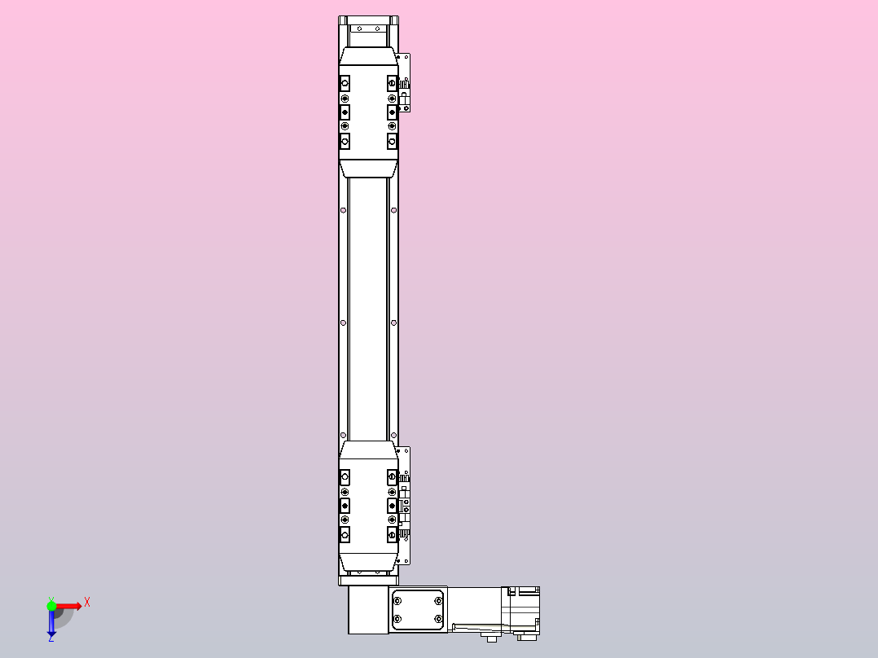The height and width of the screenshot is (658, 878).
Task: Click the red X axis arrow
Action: pos(69,606)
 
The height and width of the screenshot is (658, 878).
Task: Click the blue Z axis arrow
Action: pos(51,624)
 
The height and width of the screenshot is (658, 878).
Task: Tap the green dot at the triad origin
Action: pos(51,606)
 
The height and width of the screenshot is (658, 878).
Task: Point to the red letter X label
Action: pos(87,602)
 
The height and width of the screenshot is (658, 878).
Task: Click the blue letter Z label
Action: pos(50,639)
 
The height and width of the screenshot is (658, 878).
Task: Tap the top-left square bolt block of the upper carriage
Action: pos(345,84)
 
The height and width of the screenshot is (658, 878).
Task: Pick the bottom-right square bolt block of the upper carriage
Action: pos(392,142)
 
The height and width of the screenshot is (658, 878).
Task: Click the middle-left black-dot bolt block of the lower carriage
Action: pos(345,505)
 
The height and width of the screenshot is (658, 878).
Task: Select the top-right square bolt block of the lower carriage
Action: pos(392,476)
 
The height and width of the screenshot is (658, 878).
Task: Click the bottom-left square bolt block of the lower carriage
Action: pos(345,534)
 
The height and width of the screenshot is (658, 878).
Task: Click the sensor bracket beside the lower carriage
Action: pos(404,505)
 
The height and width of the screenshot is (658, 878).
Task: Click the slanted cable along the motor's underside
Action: pos(481,626)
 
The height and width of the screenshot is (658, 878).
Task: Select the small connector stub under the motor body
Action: pos(491,638)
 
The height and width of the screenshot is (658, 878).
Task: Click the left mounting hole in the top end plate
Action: pos(357,29)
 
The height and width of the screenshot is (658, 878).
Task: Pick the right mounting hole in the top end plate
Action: pos(380,29)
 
